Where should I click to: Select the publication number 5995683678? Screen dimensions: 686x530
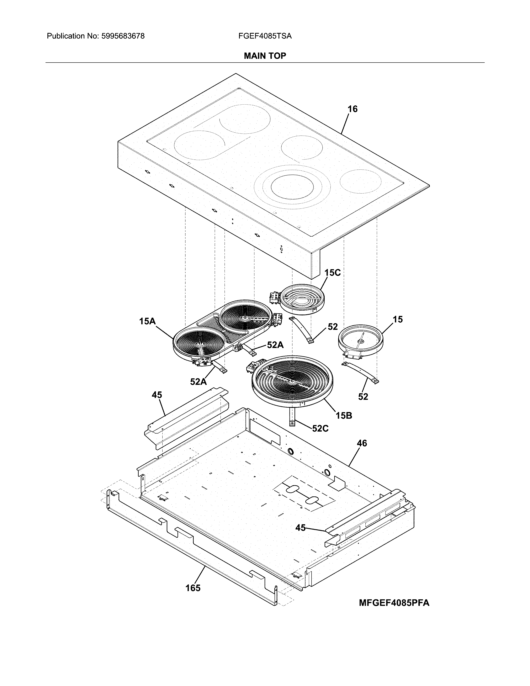point(123,36)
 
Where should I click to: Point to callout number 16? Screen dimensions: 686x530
point(352,109)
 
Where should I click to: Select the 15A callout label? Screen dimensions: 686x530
point(148,321)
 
